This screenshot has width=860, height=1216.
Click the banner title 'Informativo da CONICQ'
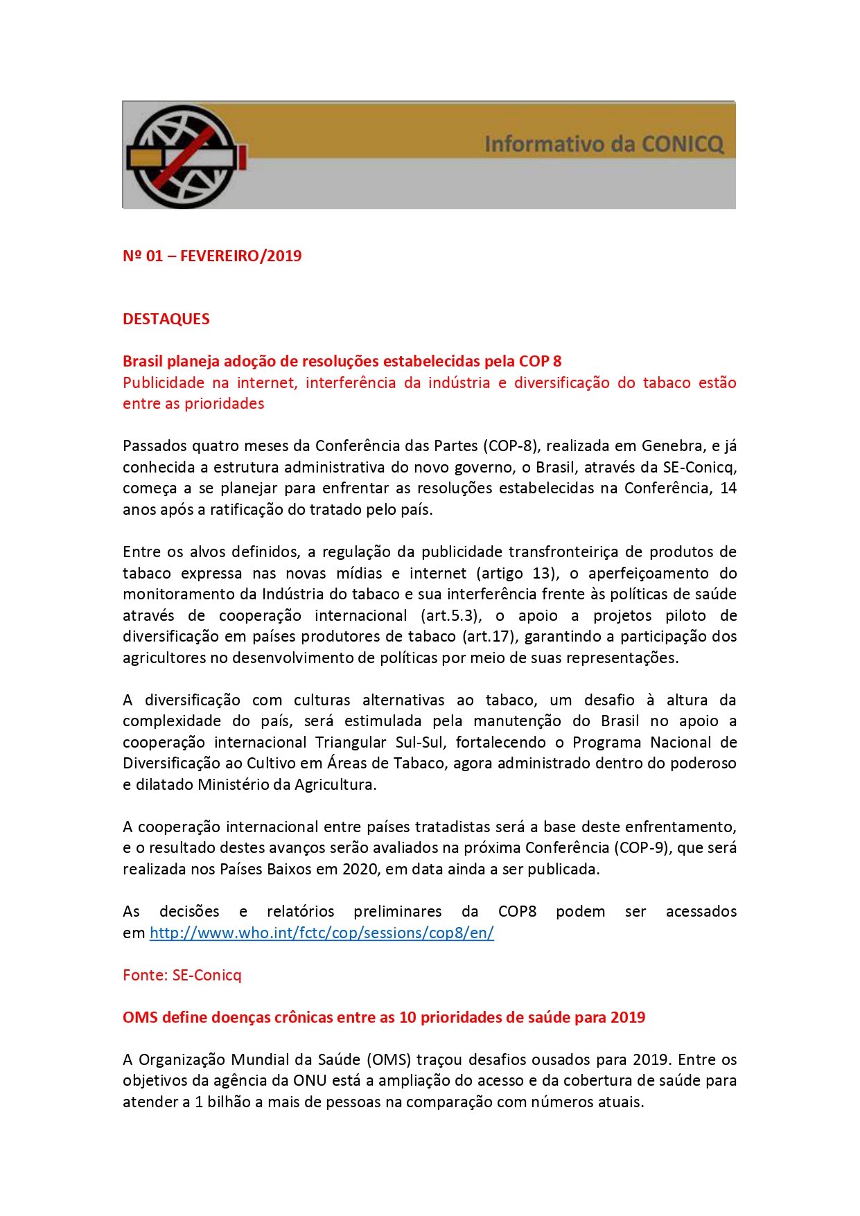click(x=604, y=144)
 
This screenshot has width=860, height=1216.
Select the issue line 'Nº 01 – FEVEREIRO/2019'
click(x=212, y=256)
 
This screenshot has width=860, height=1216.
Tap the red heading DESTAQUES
click(x=166, y=319)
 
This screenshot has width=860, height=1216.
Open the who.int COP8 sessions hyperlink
click(x=322, y=933)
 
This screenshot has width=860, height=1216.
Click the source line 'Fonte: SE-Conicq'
click(x=182, y=975)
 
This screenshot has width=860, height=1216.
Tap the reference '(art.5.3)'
click(x=450, y=615)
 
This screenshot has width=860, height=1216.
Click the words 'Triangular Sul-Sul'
click(x=380, y=742)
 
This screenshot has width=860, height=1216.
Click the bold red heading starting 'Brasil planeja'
click(x=342, y=361)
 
